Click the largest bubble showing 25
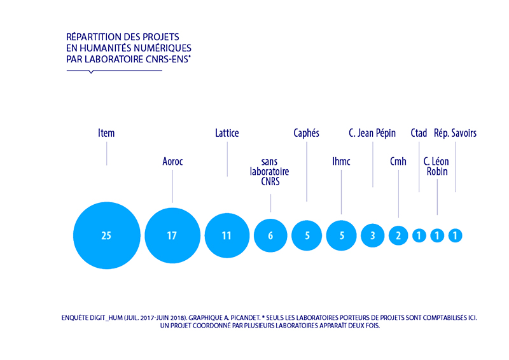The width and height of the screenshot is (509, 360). pyautogui.click(x=106, y=235)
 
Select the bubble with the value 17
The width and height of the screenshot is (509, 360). pyautogui.click(x=172, y=235)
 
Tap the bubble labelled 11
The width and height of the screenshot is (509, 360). pyautogui.click(x=227, y=235)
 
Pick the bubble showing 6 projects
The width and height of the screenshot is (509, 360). pyautogui.click(x=270, y=235)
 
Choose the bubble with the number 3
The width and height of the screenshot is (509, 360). pyautogui.click(x=373, y=235)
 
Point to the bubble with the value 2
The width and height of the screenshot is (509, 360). pyautogui.click(x=398, y=235)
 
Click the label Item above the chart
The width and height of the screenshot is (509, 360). pyautogui.click(x=106, y=134)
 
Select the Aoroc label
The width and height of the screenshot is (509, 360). pyautogui.click(x=172, y=162)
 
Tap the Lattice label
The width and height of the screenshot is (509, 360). pyautogui.click(x=227, y=134)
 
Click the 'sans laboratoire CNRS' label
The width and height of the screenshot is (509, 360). pyautogui.click(x=270, y=172)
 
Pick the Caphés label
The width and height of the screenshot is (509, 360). pyautogui.click(x=306, y=134)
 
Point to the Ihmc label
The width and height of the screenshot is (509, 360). pyautogui.click(x=341, y=162)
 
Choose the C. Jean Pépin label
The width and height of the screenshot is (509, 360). pyautogui.click(x=372, y=134)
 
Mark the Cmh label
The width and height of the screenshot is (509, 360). pyautogui.click(x=398, y=162)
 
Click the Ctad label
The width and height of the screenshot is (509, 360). pyautogui.click(x=419, y=134)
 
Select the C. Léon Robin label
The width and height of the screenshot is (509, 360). pyautogui.click(x=436, y=167)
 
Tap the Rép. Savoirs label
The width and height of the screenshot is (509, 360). pyautogui.click(x=455, y=134)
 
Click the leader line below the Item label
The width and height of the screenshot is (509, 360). pyautogui.click(x=106, y=154)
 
